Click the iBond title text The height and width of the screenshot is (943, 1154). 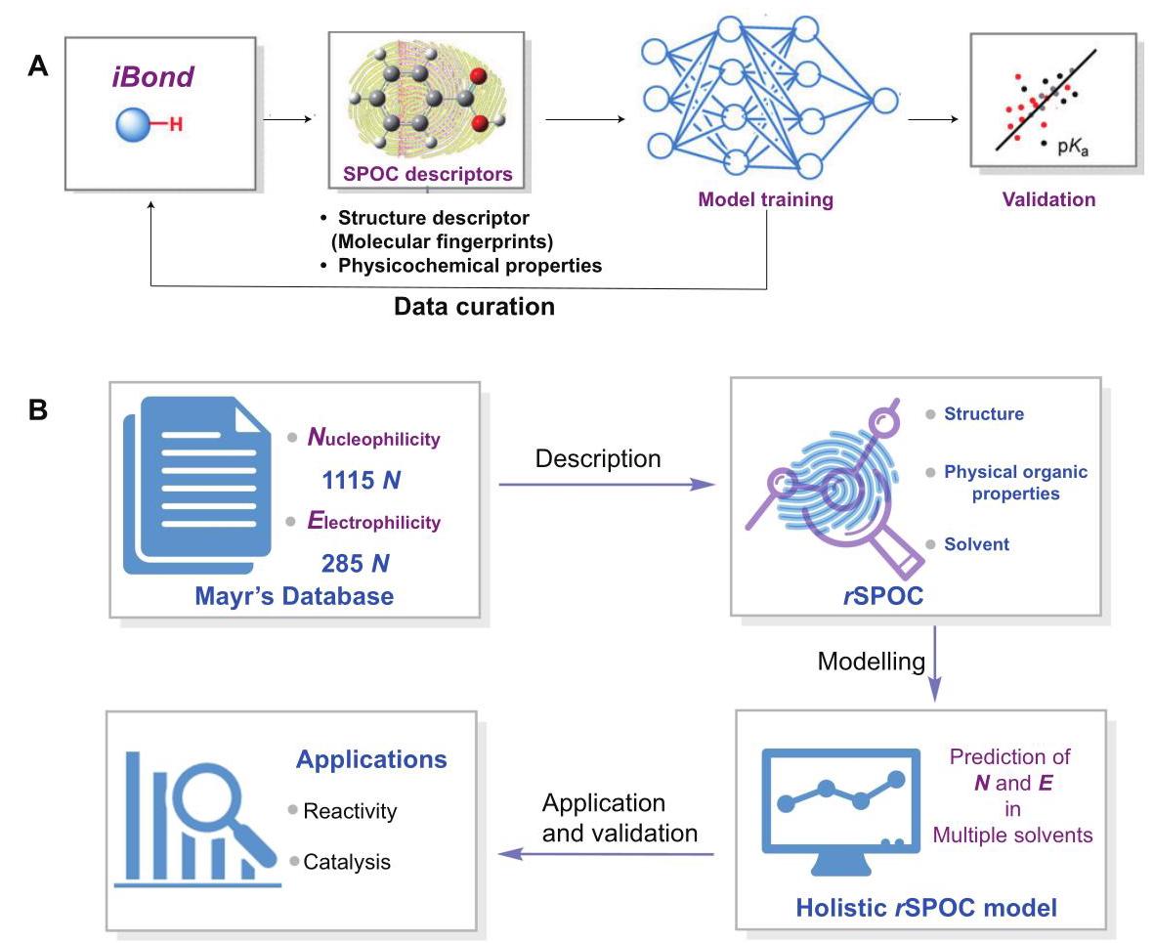pos(153,76)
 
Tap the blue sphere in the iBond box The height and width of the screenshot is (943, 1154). pos(133,124)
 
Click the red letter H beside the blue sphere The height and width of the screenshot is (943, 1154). pos(175,124)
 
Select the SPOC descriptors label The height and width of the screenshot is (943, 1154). pos(428,175)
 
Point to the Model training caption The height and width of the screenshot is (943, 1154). pos(765,199)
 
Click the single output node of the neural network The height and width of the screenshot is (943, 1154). pos(885,101)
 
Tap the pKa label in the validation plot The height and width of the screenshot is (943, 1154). pos(1072,147)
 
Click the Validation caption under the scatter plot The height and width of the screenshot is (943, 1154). pos(1048,199)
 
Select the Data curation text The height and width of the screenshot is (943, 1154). pos(474,306)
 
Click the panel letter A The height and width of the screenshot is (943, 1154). pos(37,66)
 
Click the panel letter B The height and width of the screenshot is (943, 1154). pos(37,409)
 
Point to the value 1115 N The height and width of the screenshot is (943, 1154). pos(361,481)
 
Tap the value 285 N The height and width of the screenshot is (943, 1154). pos(355,564)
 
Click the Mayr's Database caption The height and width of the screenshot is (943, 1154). pos(294,596)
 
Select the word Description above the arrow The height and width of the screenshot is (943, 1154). pos(598,459)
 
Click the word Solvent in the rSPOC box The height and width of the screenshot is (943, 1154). pos(976,544)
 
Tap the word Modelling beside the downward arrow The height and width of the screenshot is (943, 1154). pos(872,662)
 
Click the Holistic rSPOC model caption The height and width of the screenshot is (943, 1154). pos(926,908)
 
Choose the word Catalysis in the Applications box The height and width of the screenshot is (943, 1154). pos(347,862)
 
